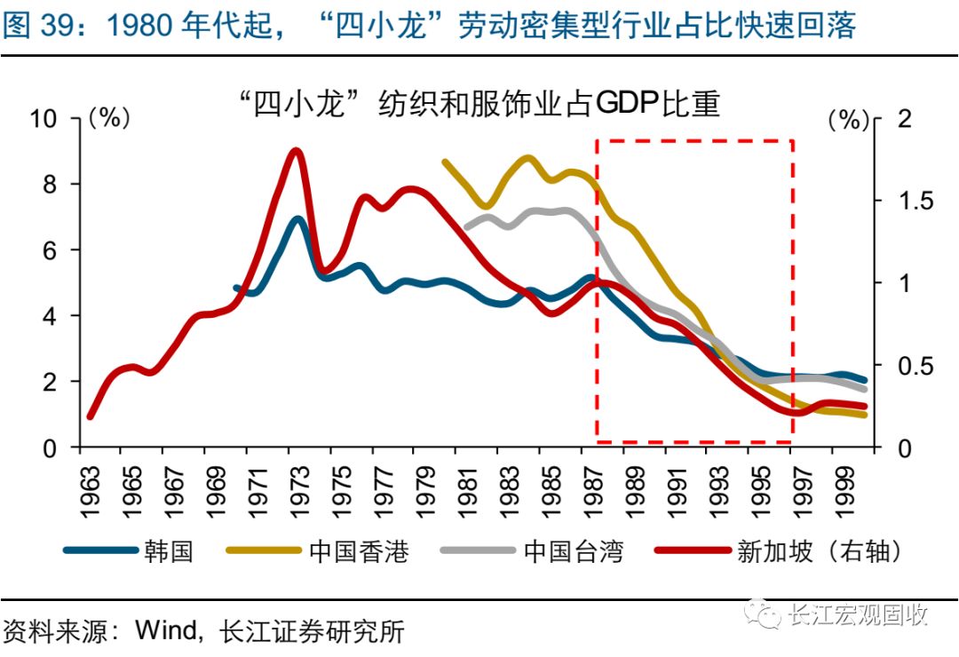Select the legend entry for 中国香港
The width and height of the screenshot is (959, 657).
[x=359, y=551]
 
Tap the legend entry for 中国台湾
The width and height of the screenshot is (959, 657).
[x=574, y=551]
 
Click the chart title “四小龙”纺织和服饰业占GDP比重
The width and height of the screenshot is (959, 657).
[x=479, y=104]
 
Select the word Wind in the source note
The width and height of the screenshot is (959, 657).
[x=168, y=632]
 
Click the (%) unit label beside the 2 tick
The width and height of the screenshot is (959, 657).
[x=847, y=119]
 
